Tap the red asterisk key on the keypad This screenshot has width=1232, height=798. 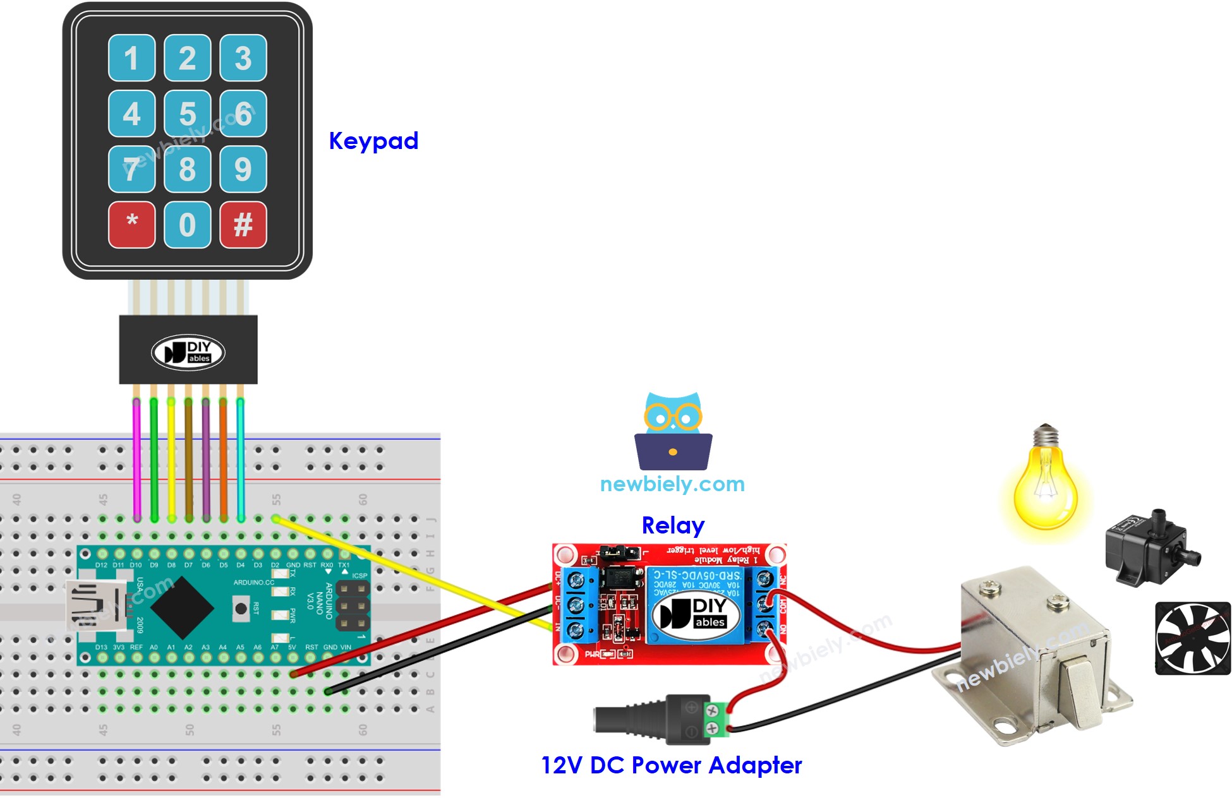tap(131, 225)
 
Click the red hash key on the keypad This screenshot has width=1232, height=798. tap(243, 225)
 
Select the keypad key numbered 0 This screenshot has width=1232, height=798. tap(187, 225)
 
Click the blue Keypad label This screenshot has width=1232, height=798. tap(373, 141)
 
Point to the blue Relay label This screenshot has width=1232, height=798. tap(673, 525)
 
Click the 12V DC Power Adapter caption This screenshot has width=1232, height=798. tap(671, 765)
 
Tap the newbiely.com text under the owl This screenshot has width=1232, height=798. tap(672, 484)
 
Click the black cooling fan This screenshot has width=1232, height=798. tap(1192, 638)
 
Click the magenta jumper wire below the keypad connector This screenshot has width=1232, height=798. tap(136, 458)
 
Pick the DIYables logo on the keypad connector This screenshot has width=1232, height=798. tap(188, 352)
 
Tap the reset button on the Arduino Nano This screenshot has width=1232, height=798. tap(240, 609)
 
